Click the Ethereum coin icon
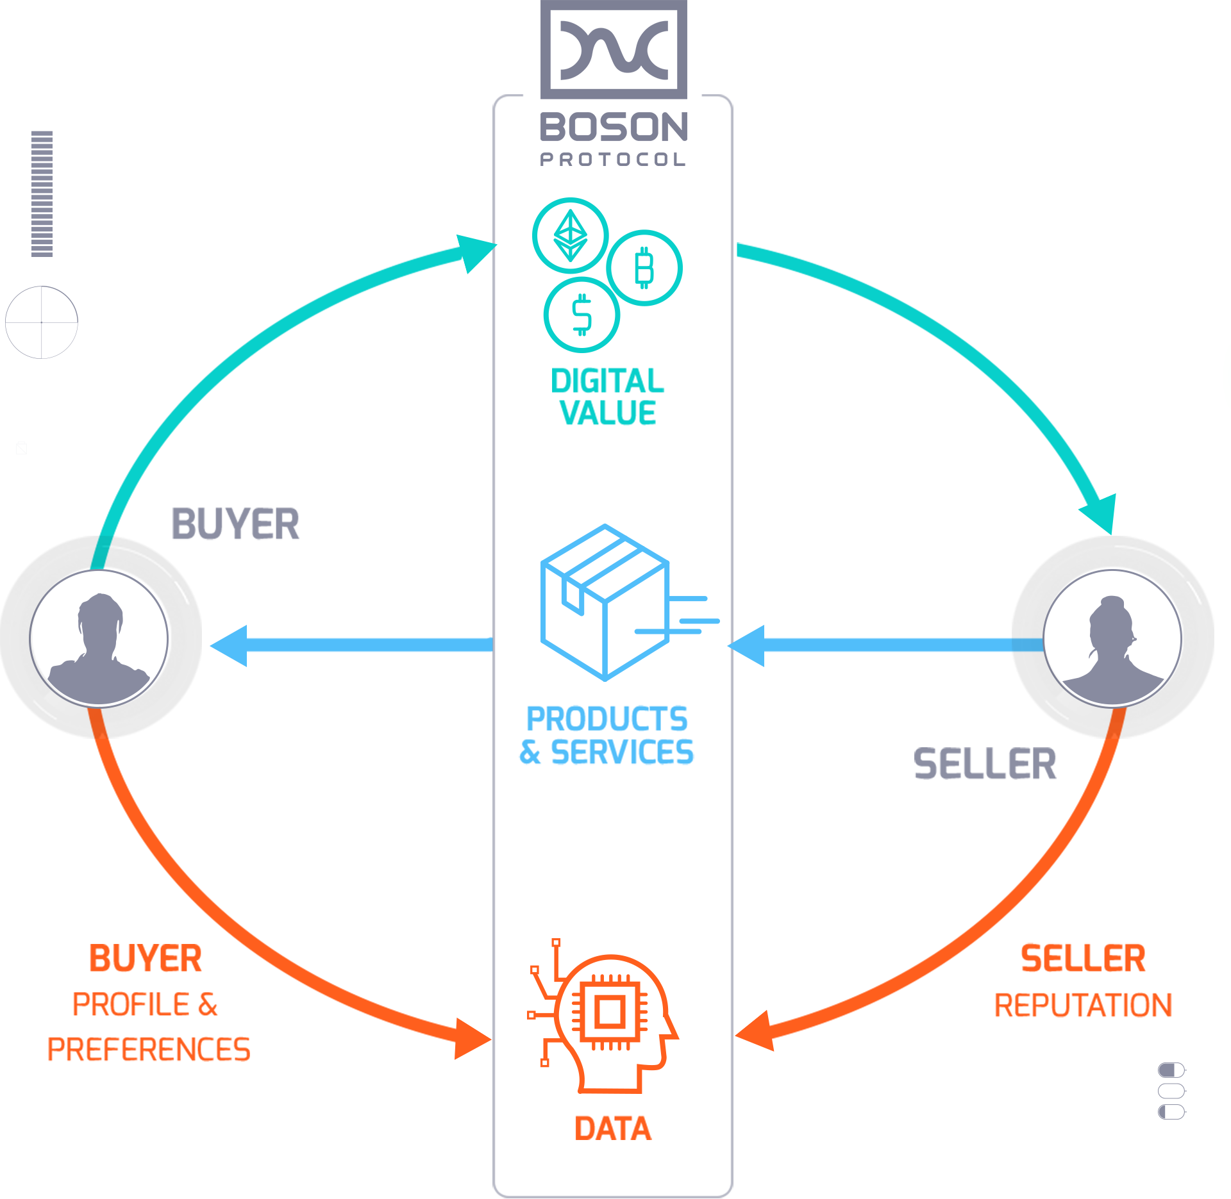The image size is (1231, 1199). point(569,236)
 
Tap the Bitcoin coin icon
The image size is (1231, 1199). point(644,267)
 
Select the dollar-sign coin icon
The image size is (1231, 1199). point(581,315)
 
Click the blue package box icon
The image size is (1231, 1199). point(605,602)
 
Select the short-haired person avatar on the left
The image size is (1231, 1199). point(99,638)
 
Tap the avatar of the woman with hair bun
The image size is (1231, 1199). point(1112,638)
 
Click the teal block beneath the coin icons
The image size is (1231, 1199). point(605,396)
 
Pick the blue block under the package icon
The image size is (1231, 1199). point(605,734)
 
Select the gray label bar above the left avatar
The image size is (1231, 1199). point(236,524)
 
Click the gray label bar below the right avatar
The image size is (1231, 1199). point(984,763)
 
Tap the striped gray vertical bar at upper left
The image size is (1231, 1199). point(42,194)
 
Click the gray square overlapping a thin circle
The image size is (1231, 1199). point(41,322)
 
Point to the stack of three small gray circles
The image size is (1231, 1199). point(1171,1091)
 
